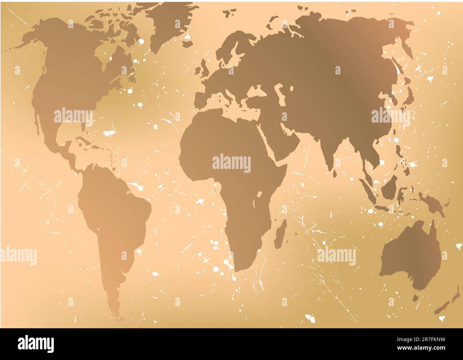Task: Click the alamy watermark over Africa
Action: click(x=231, y=163)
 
